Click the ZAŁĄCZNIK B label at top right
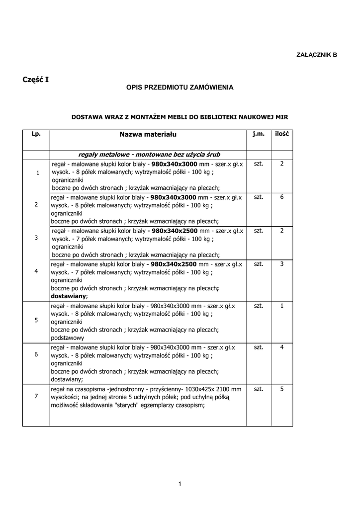pyautogui.click(x=317, y=54)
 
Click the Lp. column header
pyautogui.click(x=36, y=134)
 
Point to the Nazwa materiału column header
pyautogui.click(x=148, y=134)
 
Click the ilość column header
pyautogui.click(x=282, y=134)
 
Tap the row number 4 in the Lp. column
pyautogui.click(x=36, y=271)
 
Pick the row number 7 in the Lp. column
pyautogui.click(x=36, y=396)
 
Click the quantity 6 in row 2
pyautogui.click(x=282, y=197)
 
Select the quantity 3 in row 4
pyautogui.click(x=282, y=263)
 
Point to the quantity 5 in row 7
pyautogui.click(x=282, y=389)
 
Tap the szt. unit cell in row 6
pyautogui.click(x=258, y=347)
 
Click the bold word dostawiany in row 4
pyautogui.click(x=68, y=296)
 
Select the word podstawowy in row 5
pyautogui.click(x=67, y=338)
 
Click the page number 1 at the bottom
pyautogui.click(x=180, y=484)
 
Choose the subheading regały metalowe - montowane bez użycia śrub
pyautogui.click(x=149, y=154)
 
